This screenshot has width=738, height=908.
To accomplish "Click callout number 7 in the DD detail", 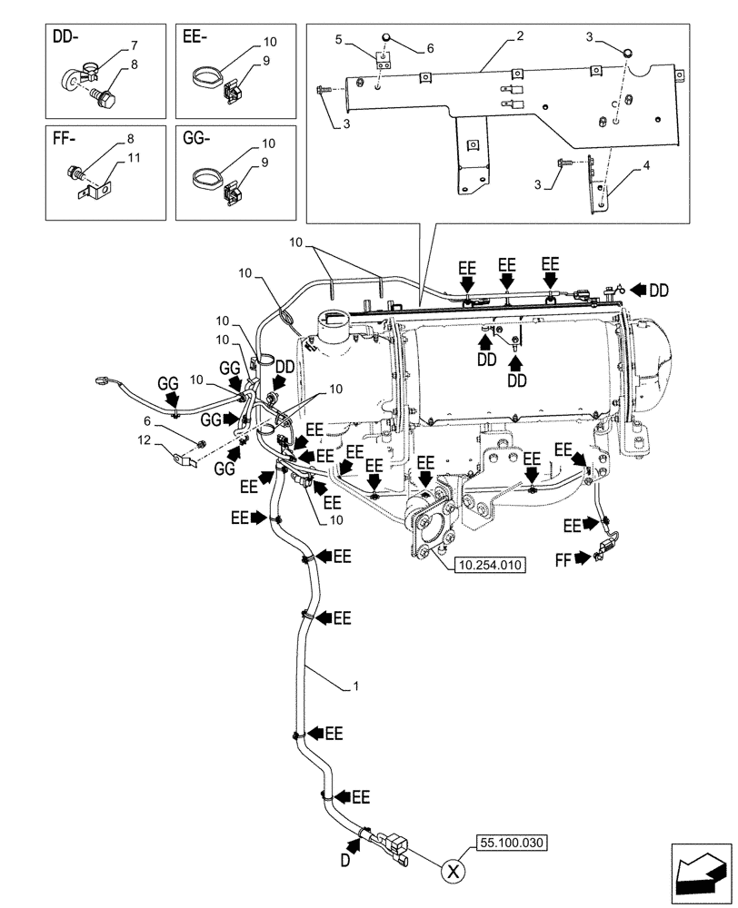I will [x=134, y=44].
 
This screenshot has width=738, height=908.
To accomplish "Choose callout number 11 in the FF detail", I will [x=134, y=158].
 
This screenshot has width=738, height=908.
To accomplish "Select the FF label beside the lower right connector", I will [x=564, y=560].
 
